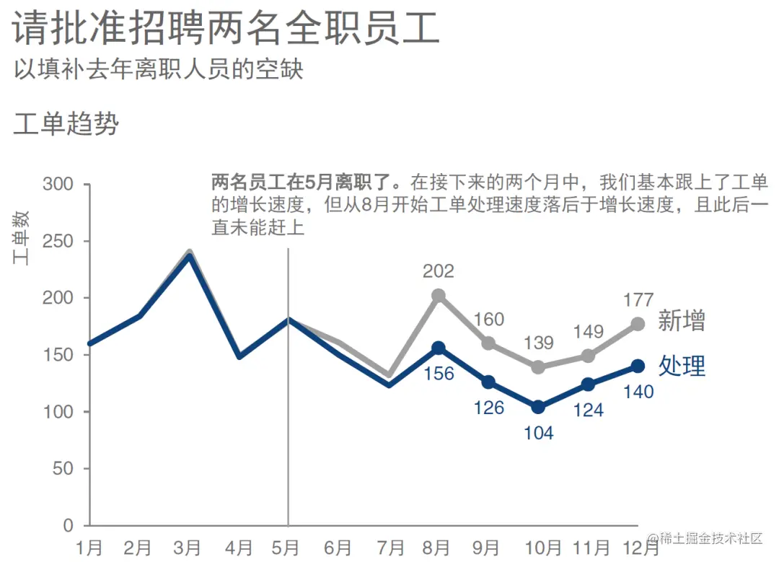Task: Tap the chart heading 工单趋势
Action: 66,124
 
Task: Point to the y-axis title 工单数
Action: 22,238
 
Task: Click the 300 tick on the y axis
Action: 58,184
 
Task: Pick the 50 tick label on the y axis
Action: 63,469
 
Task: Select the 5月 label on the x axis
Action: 288,548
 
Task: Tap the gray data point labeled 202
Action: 439,296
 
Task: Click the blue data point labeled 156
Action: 439,348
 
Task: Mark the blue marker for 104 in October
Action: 538,407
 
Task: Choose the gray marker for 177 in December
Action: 638,324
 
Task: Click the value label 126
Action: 488,408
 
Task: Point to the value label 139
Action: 538,343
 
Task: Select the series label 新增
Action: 682,321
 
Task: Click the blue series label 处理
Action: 682,366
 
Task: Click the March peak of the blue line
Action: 189,255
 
